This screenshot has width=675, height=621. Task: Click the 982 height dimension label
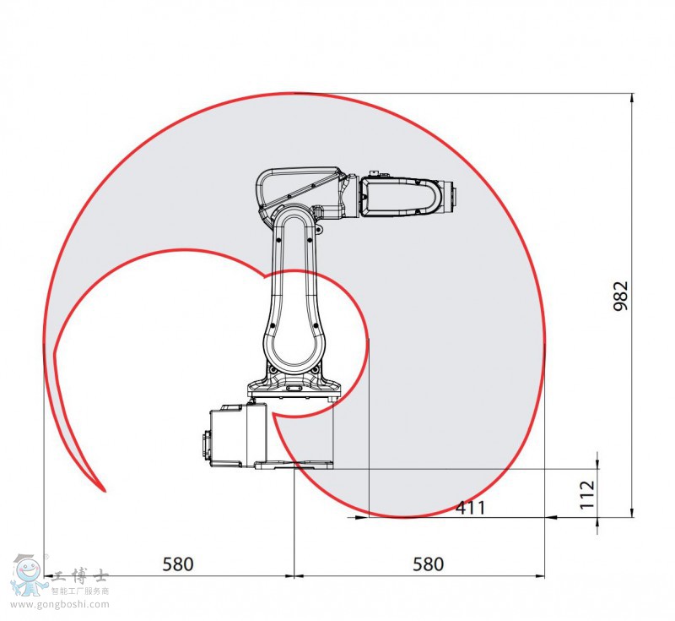pyautogui.click(x=621, y=296)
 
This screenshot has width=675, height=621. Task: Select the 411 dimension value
pyautogui.click(x=471, y=508)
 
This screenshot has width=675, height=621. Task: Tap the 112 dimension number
pyautogui.click(x=587, y=494)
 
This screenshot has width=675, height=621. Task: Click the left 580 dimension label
pyautogui.click(x=178, y=564)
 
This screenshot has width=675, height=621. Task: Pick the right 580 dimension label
pyautogui.click(x=428, y=564)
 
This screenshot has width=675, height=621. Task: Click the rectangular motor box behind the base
pyautogui.click(x=238, y=435)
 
